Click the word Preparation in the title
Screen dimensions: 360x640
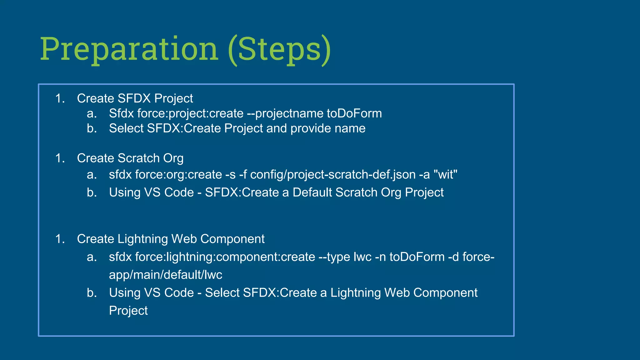tap(129, 49)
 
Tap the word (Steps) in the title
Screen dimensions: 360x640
tap(279, 49)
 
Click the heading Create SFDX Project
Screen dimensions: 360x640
tap(135, 98)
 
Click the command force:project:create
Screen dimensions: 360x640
tap(190, 113)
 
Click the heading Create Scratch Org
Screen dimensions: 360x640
tap(130, 158)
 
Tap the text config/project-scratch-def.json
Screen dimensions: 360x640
tap(333, 174)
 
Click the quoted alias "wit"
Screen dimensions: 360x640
tap(446, 174)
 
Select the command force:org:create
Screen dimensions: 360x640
tap(178, 174)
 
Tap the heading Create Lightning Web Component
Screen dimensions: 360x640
tap(171, 239)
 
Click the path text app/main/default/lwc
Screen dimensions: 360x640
tap(165, 275)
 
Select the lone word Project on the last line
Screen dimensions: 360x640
tap(128, 311)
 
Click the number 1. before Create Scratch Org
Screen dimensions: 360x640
tap(60, 158)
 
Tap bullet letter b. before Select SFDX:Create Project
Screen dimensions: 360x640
tap(92, 128)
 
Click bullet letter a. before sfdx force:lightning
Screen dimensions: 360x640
tap(92, 257)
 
